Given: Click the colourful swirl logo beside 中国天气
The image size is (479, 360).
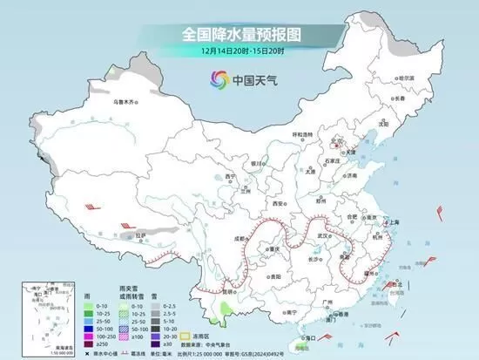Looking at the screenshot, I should point(214,79).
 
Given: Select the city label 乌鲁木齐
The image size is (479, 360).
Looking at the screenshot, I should point(125,102).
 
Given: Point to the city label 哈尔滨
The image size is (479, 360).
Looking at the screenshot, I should point(406,78).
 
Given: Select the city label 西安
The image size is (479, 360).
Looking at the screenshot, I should point(279,202).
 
